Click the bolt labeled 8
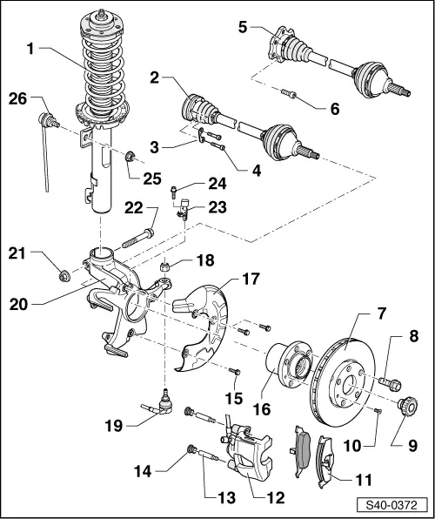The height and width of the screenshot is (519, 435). coord(388,380)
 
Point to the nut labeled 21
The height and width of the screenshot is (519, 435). coord(64,277)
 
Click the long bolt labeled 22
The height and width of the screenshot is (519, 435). coord(141,235)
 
